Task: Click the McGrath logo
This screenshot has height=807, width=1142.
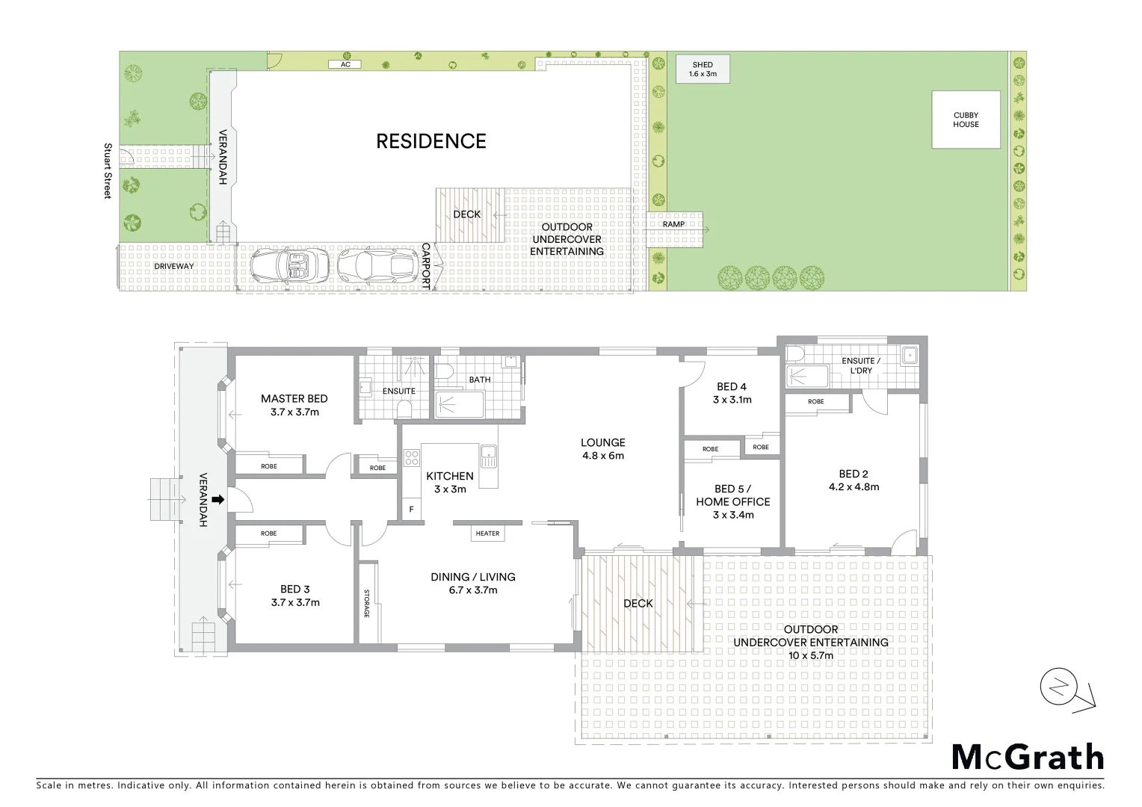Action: (1027, 758)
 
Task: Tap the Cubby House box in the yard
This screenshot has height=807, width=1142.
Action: (965, 120)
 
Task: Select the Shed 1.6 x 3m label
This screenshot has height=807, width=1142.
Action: (702, 70)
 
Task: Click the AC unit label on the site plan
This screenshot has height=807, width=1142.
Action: (345, 65)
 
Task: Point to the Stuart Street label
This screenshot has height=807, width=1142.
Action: (108, 171)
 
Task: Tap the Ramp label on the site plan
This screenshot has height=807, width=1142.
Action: (673, 224)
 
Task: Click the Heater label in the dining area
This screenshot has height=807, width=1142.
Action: (487, 533)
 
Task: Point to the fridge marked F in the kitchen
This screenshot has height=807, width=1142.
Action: (410, 510)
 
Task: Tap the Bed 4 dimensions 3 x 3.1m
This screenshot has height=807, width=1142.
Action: (732, 400)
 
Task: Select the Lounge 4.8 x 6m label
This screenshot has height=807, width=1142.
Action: (602, 448)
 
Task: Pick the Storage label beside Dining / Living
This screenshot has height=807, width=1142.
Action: (367, 603)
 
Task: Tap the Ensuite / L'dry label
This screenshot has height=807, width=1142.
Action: (861, 365)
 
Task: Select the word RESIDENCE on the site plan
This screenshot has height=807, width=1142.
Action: (430, 141)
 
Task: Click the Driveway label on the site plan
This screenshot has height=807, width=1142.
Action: (173, 266)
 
